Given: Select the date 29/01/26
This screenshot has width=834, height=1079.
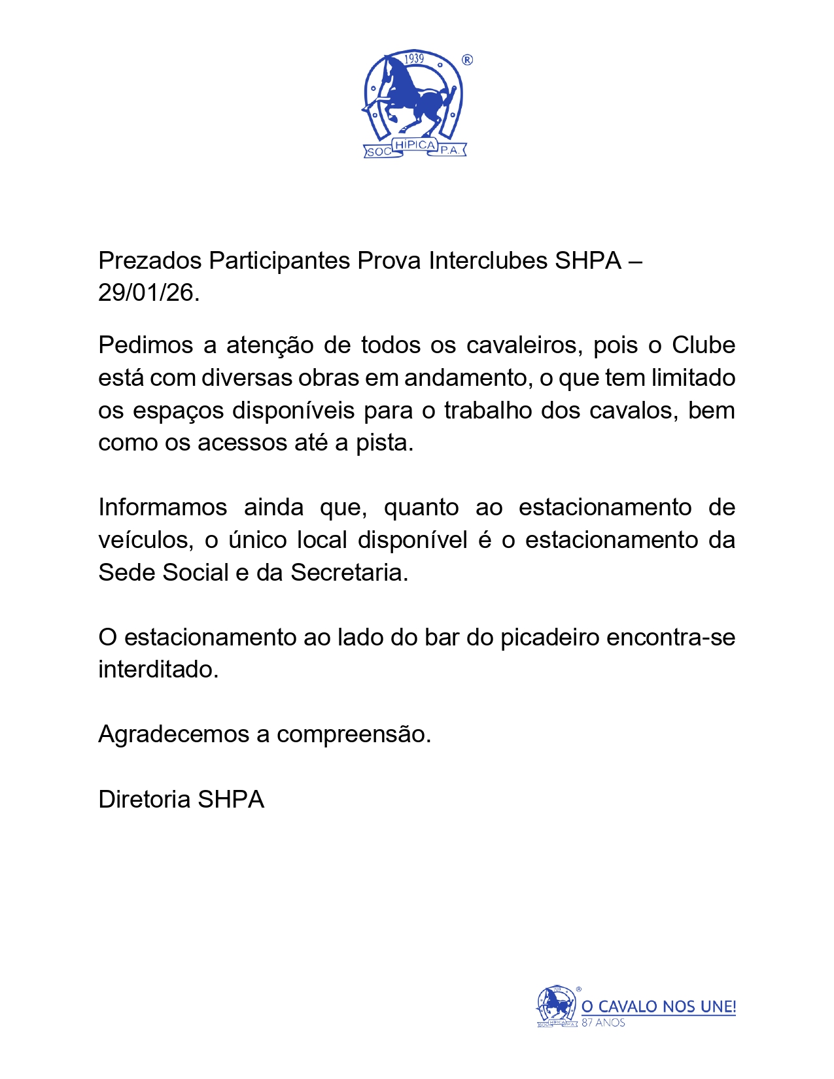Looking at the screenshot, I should coord(148,293).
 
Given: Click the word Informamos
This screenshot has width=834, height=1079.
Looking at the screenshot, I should coord(162,507).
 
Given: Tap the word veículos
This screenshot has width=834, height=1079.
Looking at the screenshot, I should coord(146,540).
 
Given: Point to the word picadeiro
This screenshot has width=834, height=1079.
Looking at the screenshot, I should coord(549,638).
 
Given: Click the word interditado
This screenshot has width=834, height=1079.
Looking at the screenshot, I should coord(158,670).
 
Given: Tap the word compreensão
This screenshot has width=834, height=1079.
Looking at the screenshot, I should coord(353,735).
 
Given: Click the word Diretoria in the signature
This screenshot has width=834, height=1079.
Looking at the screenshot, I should coord(145,800).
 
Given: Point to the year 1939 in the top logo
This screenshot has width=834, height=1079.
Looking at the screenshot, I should coord(414,59).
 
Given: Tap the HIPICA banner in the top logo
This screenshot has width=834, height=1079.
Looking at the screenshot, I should coord(415,145).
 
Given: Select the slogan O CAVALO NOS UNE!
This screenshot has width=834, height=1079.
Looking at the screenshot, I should coord(659,1006).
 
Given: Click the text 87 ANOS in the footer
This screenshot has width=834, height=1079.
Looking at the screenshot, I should coord(603,1023).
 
